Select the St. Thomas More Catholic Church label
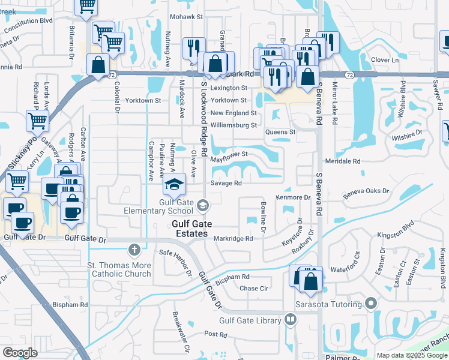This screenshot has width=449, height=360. (x=119, y=269)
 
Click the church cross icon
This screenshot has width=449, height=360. (x=134, y=249)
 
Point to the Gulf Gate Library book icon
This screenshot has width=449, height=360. (x=291, y=320)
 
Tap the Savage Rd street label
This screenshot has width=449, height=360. (x=226, y=183)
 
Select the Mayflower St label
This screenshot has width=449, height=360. (x=229, y=154)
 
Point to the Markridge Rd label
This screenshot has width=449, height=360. (x=234, y=238)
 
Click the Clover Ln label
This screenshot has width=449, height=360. (x=385, y=60)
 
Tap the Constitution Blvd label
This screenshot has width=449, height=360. (x=30, y=20)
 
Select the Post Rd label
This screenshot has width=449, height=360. (x=214, y=334)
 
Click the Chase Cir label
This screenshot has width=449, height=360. (x=253, y=288)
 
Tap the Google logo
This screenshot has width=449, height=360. (x=20, y=353)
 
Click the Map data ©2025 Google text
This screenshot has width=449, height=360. (x=411, y=355)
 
